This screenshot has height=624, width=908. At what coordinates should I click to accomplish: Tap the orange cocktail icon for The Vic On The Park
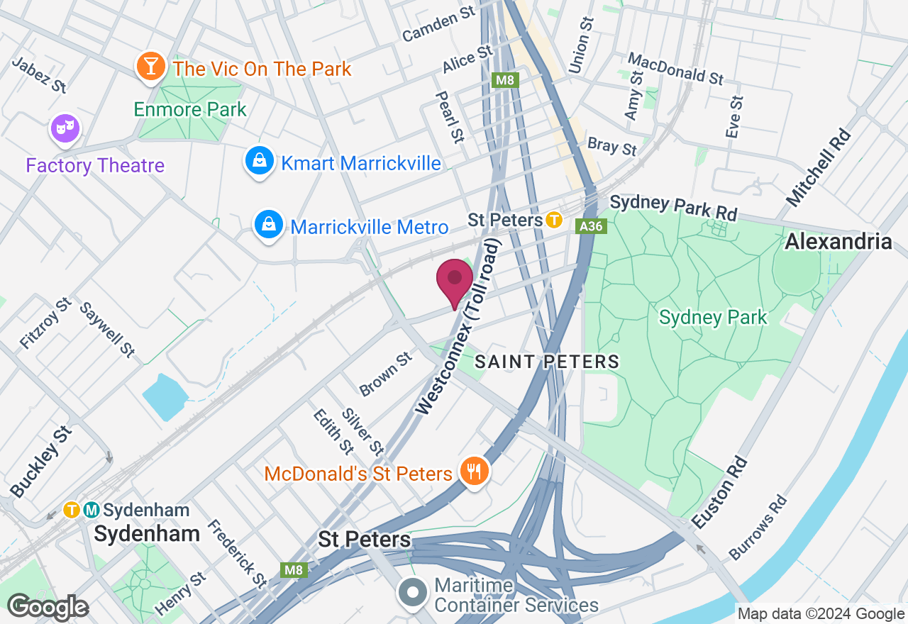tap(150, 67)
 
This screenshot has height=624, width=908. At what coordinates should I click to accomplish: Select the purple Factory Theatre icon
tap(65, 129)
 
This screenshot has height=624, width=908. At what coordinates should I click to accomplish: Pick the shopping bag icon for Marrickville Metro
tap(269, 225)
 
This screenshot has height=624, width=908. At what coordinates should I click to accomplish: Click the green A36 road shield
tap(590, 226)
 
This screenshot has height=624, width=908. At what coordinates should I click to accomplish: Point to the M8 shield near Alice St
tap(504, 80)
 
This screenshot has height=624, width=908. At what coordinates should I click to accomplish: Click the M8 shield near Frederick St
tap(294, 570)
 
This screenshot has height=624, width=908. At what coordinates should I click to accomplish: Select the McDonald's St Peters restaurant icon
tap(474, 471)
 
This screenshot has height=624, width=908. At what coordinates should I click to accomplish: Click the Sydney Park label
tap(713, 317)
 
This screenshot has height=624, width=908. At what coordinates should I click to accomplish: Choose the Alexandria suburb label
tap(838, 242)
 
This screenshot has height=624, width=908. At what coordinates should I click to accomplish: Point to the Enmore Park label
tap(190, 109)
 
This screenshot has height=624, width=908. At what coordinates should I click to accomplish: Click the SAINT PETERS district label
tap(547, 362)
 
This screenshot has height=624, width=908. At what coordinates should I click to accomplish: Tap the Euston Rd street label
tap(719, 494)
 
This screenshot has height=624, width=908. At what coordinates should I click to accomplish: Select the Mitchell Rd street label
tap(818, 167)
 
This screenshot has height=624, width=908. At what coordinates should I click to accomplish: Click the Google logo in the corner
tap(48, 607)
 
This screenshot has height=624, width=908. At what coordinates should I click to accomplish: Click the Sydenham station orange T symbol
tap(71, 510)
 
